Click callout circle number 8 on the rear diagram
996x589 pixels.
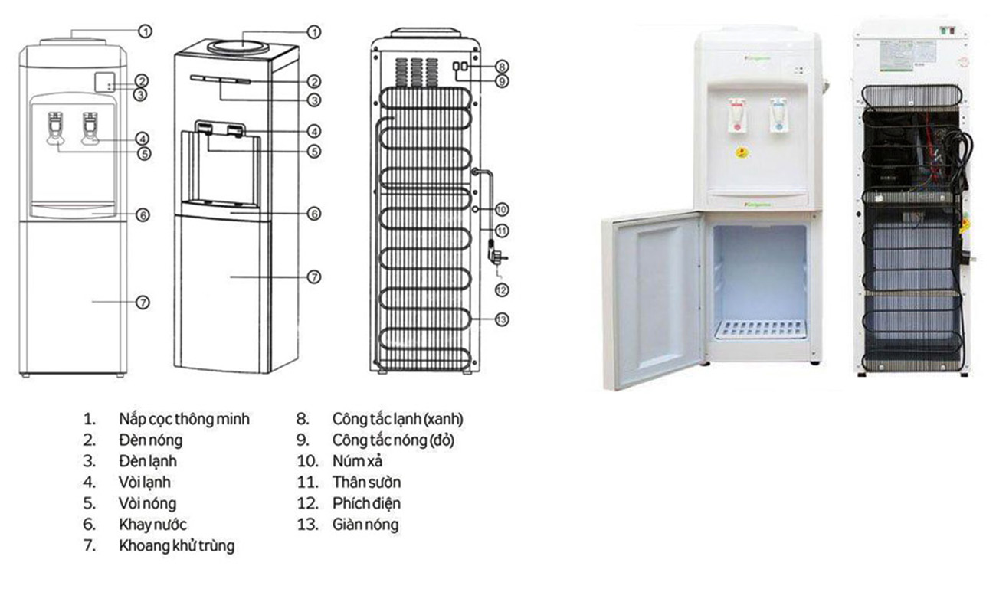502,66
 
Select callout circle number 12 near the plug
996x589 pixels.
502,290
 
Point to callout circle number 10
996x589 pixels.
502,208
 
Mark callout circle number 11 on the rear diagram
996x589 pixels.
502,230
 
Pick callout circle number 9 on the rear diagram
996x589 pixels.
502,80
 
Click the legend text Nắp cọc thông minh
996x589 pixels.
184,419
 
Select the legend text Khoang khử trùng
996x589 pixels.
176,546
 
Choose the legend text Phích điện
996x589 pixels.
366,503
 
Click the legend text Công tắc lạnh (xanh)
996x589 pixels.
398,419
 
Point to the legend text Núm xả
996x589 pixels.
357,461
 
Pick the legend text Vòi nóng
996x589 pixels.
147,503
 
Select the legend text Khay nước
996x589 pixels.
152,525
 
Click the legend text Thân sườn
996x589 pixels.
366,483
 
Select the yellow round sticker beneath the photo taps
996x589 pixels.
741,152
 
